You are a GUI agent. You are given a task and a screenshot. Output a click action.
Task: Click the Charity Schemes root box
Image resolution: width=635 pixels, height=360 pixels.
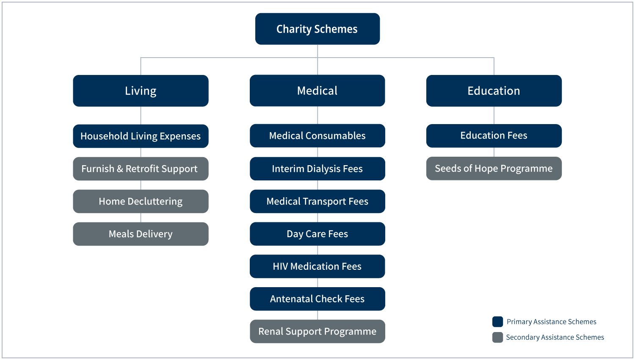[317, 29]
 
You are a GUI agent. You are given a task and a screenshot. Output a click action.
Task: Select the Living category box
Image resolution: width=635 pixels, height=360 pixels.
[141, 91]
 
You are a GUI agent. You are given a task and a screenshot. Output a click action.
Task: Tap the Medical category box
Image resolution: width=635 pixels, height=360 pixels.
[317, 91]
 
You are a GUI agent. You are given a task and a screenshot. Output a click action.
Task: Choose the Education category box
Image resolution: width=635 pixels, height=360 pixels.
[494, 91]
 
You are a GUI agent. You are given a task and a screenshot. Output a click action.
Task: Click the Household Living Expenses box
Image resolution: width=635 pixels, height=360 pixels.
[141, 136]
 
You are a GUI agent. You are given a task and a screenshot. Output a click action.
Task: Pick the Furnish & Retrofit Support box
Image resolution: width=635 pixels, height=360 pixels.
[141, 169]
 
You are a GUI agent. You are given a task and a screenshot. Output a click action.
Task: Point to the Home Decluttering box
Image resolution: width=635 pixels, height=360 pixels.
[141, 201]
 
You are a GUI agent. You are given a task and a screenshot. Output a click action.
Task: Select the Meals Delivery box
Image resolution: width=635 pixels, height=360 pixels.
[141, 234]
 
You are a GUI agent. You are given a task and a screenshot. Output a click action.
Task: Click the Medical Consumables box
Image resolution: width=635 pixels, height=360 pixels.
[317, 136]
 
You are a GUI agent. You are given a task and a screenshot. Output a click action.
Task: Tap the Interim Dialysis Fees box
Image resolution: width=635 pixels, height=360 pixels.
[317, 169]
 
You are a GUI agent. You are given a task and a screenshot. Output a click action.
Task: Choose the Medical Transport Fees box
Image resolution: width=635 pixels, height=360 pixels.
[317, 201]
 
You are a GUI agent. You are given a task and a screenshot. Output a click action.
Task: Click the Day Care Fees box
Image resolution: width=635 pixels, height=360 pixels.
[317, 234]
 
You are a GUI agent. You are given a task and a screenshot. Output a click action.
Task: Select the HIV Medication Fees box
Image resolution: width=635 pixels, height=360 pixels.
[317, 266]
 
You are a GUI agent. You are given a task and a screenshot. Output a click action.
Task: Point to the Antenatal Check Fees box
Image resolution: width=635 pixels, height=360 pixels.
[317, 299]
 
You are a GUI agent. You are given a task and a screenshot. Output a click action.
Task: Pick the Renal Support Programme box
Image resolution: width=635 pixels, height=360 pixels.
[317, 331]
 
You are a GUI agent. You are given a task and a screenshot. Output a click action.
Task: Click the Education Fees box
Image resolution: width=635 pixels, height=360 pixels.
[494, 136]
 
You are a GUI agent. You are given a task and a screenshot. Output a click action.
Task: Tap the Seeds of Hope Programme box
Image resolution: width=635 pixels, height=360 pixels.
[494, 169]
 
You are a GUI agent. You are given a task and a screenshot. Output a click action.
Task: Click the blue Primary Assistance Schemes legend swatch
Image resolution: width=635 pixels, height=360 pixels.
[498, 322]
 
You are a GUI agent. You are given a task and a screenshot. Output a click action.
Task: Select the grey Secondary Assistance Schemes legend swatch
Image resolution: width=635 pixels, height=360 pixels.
[498, 338]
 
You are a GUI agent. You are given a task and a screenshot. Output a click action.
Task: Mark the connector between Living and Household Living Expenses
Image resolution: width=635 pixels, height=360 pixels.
[141, 115]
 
